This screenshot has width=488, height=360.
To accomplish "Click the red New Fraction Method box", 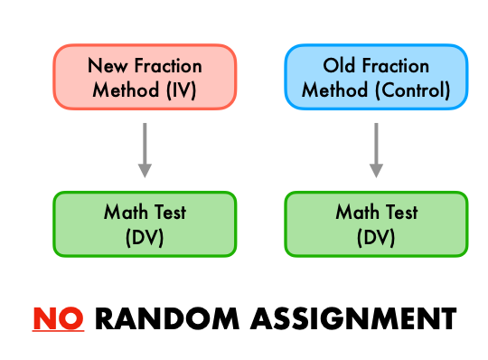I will [x=145, y=79].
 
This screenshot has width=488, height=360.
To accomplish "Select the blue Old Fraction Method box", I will [x=377, y=79].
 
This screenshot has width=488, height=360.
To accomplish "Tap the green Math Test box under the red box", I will [x=145, y=223].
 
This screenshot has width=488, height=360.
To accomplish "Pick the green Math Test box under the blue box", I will [x=377, y=223].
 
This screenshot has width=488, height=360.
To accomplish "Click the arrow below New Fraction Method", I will [x=145, y=151].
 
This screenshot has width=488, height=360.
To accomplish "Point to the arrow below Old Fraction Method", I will [x=377, y=151].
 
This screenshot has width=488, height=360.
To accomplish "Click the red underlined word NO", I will [x=59, y=318].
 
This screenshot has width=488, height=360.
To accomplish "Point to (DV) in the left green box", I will [x=145, y=236].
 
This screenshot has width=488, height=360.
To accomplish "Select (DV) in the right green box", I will [x=377, y=236].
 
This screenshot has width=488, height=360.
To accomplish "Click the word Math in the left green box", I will [x=125, y=213].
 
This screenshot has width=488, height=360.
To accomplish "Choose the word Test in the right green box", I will [x=401, y=213].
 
